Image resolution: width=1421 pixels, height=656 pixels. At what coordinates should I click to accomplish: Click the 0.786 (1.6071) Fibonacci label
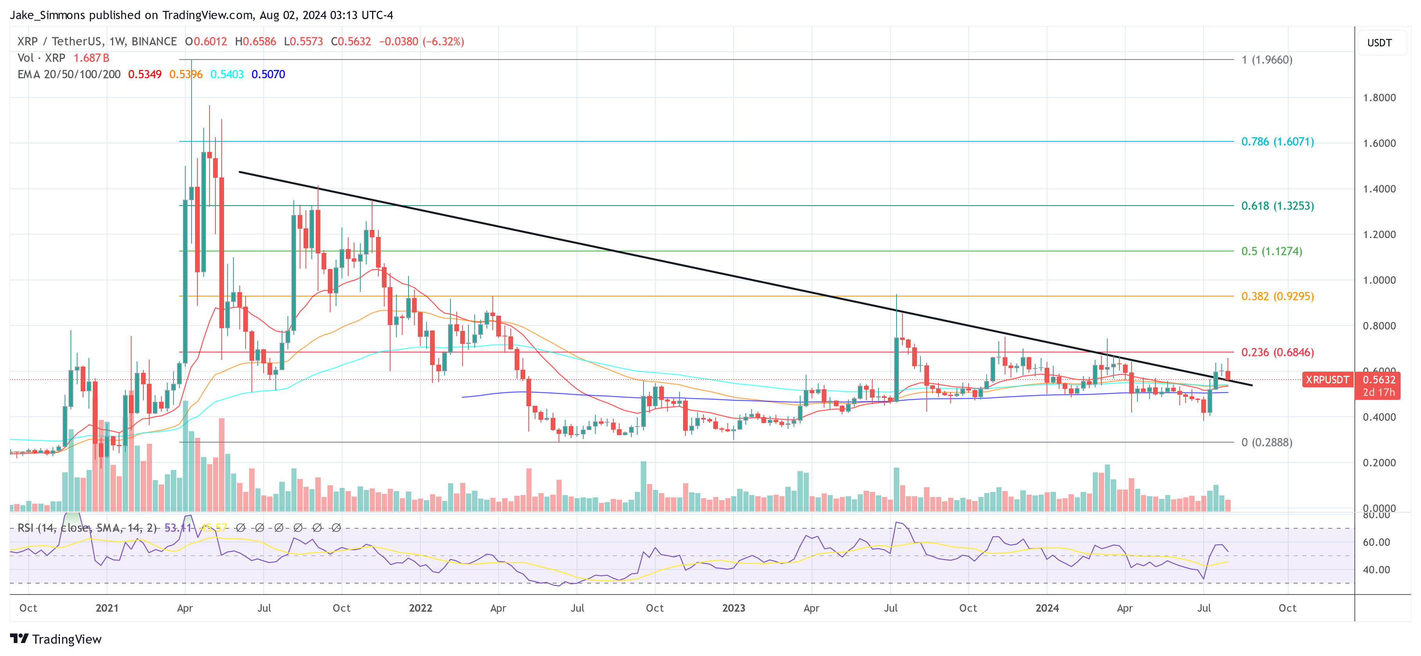[x=1277, y=142]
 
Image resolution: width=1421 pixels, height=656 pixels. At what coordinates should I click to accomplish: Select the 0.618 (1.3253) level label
[x=1277, y=206]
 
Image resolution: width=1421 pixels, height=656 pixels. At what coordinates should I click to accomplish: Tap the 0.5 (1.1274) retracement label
[x=1271, y=251]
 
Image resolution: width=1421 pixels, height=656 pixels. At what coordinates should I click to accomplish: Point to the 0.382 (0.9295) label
[x=1277, y=296]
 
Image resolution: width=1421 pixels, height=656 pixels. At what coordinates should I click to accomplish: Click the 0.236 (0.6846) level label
[x=1277, y=352]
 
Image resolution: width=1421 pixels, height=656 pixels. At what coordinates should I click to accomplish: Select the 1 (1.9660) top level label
[x=1267, y=60]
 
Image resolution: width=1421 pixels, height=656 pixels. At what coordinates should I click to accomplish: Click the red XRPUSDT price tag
[x=1327, y=380]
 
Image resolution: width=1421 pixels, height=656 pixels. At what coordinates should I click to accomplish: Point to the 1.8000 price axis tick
[x=1379, y=98]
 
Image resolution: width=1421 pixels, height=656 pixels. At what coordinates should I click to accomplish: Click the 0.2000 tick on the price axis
[x=1379, y=463]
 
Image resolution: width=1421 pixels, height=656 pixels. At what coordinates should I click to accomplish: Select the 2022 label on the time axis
[x=420, y=608]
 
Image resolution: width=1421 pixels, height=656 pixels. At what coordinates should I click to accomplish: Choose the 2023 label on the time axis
[x=734, y=608]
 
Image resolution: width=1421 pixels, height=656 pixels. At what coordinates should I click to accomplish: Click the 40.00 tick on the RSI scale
[x=1376, y=569]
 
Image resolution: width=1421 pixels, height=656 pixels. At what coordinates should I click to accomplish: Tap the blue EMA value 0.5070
[x=268, y=74]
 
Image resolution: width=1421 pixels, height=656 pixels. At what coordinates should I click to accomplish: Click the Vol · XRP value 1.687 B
[x=91, y=58]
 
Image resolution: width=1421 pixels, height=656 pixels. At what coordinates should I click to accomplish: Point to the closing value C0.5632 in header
[x=351, y=42]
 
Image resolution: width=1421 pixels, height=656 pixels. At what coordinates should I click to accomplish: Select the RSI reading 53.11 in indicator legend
[x=178, y=528]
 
